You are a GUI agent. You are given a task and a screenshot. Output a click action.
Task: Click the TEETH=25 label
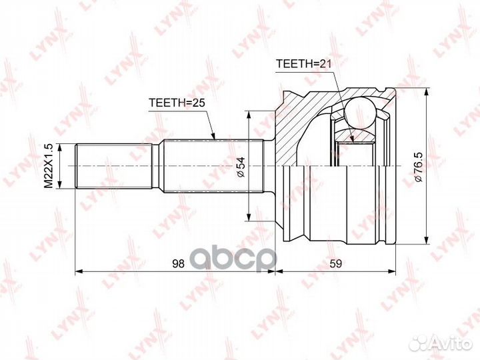(177, 103)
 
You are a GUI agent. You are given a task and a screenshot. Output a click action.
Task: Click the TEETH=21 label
(304, 64)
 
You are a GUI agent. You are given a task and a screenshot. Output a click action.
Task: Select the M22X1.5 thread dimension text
(49, 166)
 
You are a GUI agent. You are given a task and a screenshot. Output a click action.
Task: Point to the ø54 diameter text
(241, 167)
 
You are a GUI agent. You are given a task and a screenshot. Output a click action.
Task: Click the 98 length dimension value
(178, 263)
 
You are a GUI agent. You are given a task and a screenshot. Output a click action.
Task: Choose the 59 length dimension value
(335, 263)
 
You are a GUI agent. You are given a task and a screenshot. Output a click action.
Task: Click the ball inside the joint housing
(360, 112)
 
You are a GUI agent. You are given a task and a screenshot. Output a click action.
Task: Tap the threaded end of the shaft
(113, 166)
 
